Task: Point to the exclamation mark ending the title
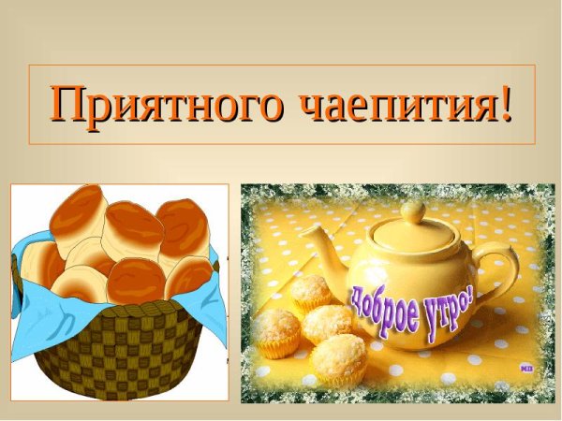[507, 102]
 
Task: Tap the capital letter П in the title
[68, 103]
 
